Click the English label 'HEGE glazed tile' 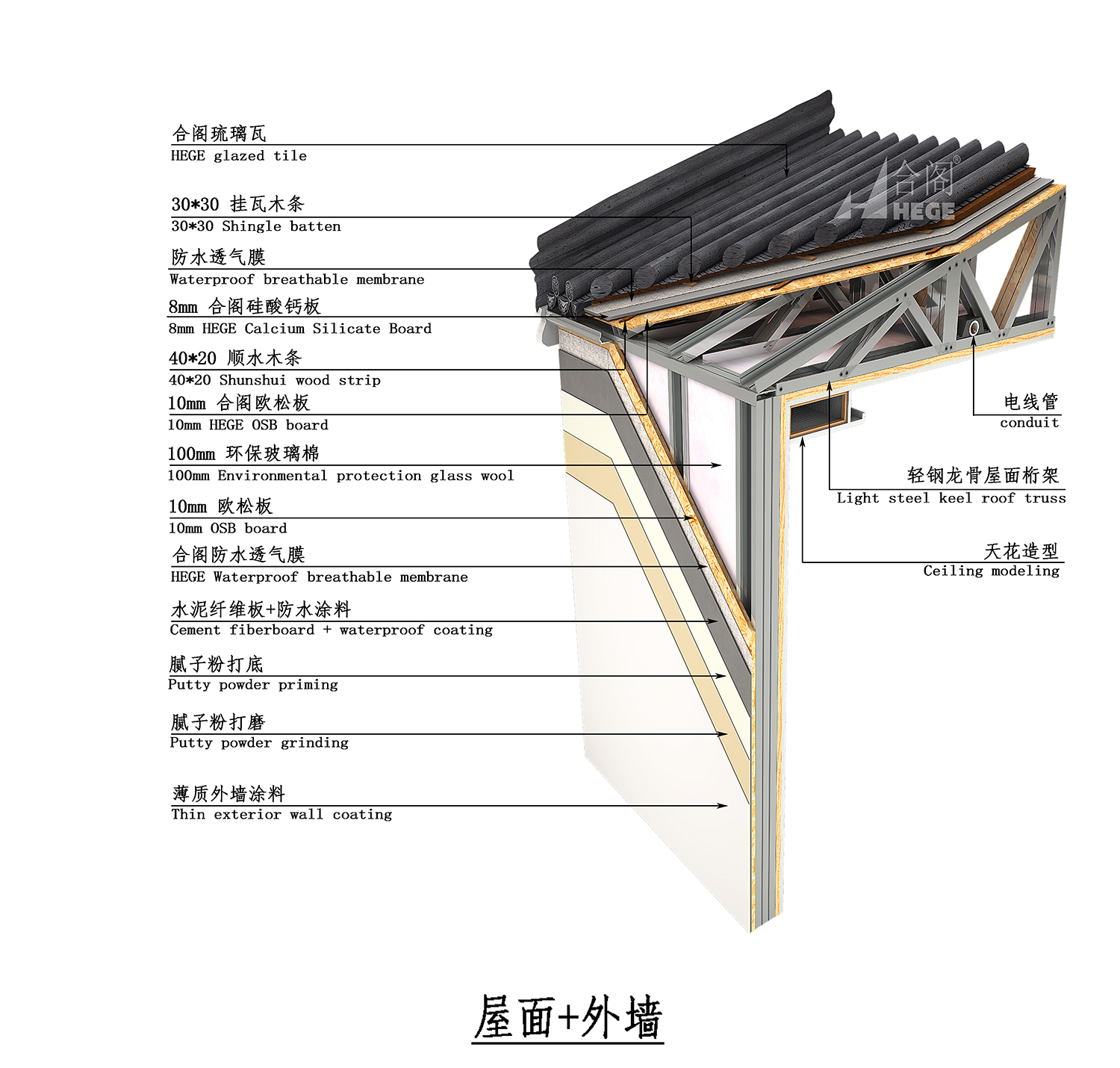coord(238,156)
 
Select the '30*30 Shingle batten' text coord(255,226)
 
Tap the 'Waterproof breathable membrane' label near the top coord(296,279)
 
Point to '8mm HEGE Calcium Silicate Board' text coord(299,329)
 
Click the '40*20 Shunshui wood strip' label coord(274,380)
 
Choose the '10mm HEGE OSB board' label coord(247,425)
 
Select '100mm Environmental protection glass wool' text coord(340,476)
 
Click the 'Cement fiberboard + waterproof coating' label coord(331,630)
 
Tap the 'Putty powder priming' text coord(252,685)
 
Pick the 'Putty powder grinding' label coord(258,742)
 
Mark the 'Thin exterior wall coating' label coord(281,814)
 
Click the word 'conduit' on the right coord(1029,423)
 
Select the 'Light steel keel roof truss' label coord(951,498)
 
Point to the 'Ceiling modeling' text coord(991,571)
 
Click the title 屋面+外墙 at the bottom coord(567,1017)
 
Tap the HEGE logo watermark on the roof coord(900,192)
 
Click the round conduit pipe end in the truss coord(974,327)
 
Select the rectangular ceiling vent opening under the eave coord(818,413)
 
